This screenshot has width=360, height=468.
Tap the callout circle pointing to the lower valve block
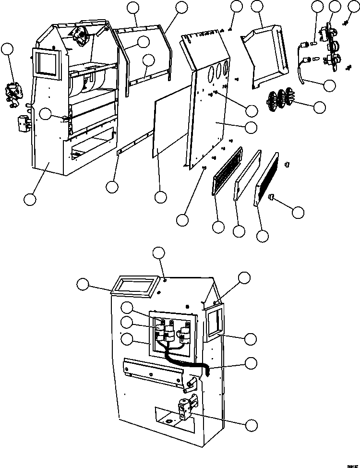click(x=250, y=424)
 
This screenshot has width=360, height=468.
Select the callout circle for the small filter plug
click(x=298, y=212)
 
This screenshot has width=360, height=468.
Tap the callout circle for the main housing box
click(x=30, y=199)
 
